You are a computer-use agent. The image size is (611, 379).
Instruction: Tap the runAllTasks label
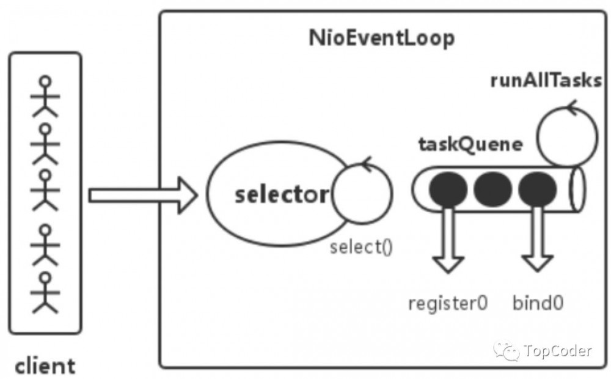tap(546, 81)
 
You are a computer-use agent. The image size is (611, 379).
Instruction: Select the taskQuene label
tap(470, 144)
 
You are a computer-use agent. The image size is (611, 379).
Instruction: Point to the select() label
tap(360, 248)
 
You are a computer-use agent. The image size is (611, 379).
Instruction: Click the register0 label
tap(448, 303)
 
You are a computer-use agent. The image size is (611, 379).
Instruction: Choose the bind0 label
tap(538, 303)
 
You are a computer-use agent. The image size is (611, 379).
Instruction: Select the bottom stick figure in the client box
tap(45, 292)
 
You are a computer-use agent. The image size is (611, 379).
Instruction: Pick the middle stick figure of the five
tap(45, 191)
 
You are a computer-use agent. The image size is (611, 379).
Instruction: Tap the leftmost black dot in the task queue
tap(448, 189)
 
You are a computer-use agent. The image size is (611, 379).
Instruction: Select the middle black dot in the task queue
tap(492, 189)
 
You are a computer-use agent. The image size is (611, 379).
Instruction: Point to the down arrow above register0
tap(448, 241)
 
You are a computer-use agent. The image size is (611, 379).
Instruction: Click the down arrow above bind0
tap(538, 241)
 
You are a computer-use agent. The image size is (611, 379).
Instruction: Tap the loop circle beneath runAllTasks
tap(567, 135)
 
